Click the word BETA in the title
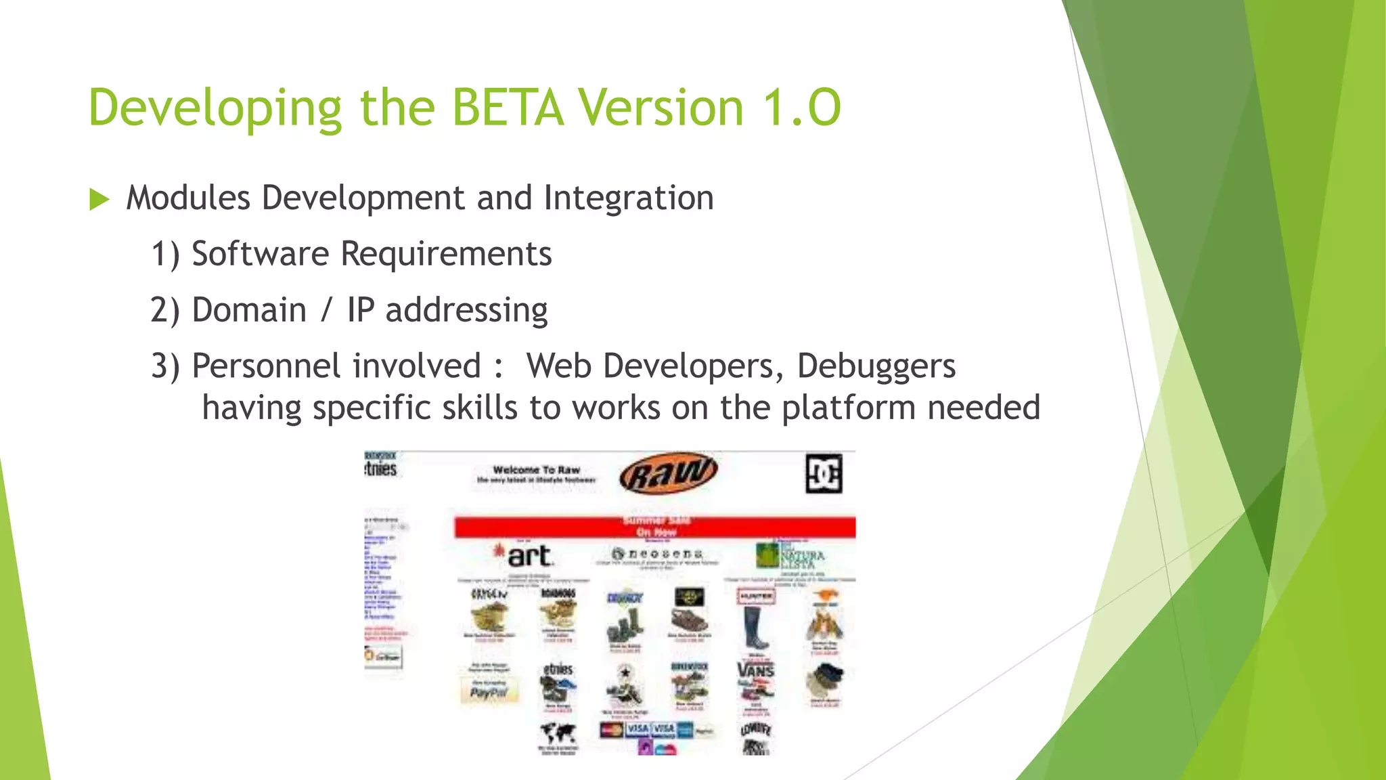point(508,108)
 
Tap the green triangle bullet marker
point(99,200)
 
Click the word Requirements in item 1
point(445,255)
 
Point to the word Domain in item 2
point(249,311)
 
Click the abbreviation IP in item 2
point(360,311)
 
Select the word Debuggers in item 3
point(876,366)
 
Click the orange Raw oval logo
point(668,473)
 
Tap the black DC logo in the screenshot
point(824,474)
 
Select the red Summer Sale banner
point(654,527)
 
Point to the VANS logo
point(755,670)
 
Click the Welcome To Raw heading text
point(536,470)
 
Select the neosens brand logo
point(657,554)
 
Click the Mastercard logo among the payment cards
point(611,730)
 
